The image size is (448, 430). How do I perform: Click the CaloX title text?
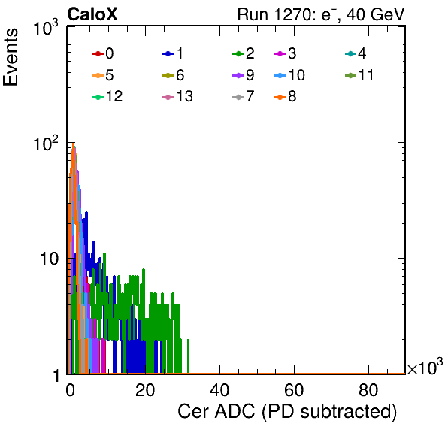point(92,14)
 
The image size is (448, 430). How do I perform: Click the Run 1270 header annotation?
point(321,14)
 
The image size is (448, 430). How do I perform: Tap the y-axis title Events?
point(11,57)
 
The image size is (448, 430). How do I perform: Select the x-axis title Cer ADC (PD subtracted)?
point(287,412)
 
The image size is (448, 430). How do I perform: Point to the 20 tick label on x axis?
point(145,390)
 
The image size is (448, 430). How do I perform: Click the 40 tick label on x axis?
point(219,390)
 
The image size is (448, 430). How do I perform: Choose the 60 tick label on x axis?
point(294,390)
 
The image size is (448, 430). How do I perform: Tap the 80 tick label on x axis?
point(368,390)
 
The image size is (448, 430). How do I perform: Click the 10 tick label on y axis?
point(50,259)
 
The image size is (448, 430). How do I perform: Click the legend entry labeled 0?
point(103,53)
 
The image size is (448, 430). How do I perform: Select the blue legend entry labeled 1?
point(173,53)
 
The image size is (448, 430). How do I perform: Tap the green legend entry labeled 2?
point(244,53)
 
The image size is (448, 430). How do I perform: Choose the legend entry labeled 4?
point(356,53)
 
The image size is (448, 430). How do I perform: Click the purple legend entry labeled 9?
point(244,75)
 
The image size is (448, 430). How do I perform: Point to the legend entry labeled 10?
point(289,75)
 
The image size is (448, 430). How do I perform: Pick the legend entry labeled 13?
point(177,96)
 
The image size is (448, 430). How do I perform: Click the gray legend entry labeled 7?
point(244,96)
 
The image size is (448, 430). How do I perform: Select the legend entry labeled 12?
point(107,96)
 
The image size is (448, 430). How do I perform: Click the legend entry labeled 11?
point(359,75)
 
